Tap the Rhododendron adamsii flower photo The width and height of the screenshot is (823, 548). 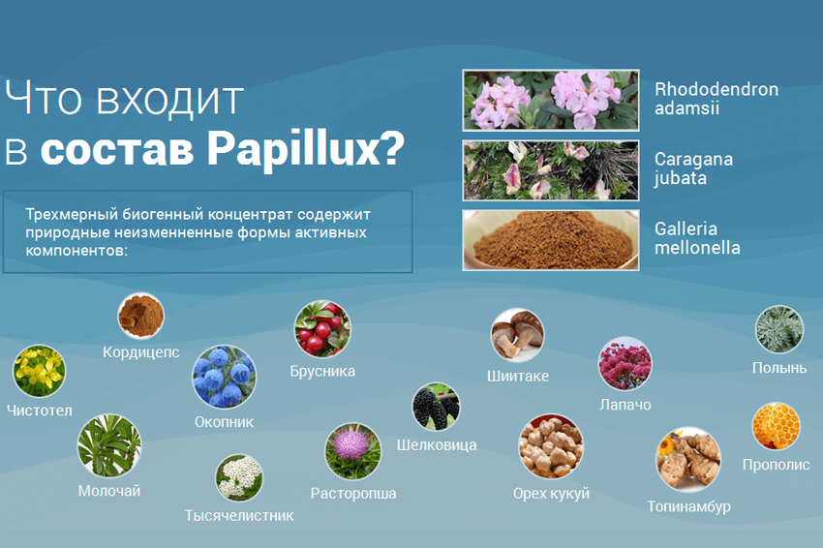coord(551,100)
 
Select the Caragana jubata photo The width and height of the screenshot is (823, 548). coord(551,170)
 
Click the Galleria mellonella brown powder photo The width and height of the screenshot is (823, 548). coord(551,240)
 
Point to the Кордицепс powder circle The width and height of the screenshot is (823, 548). coord(140,316)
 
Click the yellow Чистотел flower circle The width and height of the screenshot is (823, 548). coord(39,371)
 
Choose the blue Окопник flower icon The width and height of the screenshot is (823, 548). coord(224,377)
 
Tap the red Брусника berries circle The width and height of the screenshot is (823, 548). coord(322,328)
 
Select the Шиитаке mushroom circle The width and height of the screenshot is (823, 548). coord(517,335)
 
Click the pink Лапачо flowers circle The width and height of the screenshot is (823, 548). coord(625,364)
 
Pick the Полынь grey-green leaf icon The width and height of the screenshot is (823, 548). coord(778,329)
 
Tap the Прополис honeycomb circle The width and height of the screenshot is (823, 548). coord(776,426)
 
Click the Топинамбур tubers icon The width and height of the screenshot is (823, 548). coord(688,459)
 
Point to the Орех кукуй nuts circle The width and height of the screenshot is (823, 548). coord(551,446)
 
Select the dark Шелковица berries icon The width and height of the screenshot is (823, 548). coord(436,407)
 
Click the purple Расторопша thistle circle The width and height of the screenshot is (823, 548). coord(352,451)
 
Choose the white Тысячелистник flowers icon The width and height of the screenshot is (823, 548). coord(239,477)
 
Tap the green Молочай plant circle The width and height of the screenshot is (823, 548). coord(109,446)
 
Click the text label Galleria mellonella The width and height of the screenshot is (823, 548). coord(697,238)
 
